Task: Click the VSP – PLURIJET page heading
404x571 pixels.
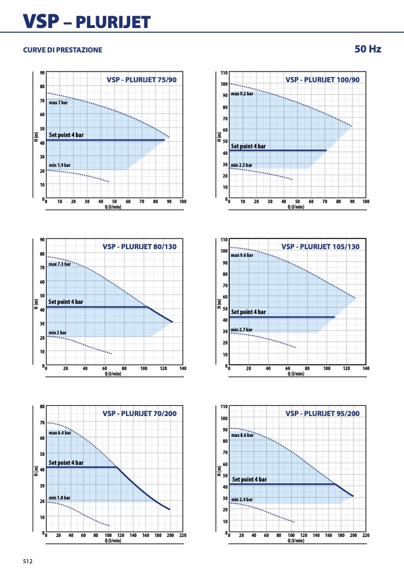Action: (x=87, y=21)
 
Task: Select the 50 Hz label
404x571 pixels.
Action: (x=368, y=49)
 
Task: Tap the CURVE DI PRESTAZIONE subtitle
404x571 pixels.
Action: (x=63, y=50)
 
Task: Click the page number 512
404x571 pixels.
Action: (x=27, y=561)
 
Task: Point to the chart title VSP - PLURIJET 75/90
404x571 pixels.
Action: (x=141, y=80)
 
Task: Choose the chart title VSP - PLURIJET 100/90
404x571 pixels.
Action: (x=322, y=80)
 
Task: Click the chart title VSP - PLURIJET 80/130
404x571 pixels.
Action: (x=140, y=247)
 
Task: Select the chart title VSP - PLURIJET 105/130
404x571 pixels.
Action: (x=320, y=247)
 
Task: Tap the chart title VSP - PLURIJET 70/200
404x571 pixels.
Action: (x=140, y=413)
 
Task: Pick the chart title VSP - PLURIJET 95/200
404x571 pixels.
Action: (x=322, y=413)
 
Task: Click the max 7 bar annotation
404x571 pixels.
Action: (x=58, y=103)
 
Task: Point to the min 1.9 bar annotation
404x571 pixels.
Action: (x=60, y=165)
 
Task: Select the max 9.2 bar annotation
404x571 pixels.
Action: (x=242, y=94)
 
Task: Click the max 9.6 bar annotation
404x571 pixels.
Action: (x=242, y=255)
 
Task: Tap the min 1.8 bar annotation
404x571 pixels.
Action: (x=60, y=498)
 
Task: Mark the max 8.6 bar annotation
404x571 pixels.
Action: (x=242, y=435)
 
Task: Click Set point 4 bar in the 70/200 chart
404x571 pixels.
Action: (x=66, y=463)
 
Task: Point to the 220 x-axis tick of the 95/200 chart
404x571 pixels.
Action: (x=366, y=535)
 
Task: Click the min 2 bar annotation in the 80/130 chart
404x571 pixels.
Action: (x=58, y=333)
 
